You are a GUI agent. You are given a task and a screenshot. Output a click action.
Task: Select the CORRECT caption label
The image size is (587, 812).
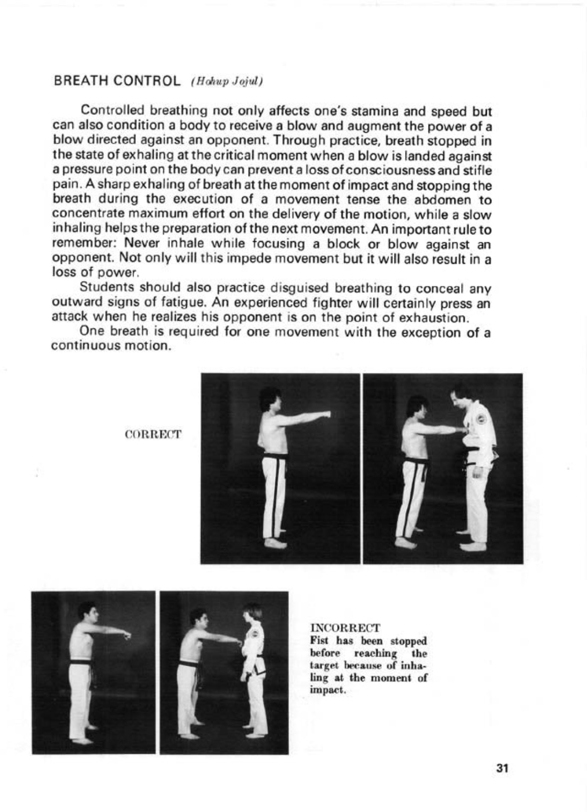[x=153, y=434]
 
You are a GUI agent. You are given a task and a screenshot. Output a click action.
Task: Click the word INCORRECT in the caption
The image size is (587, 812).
[x=345, y=627]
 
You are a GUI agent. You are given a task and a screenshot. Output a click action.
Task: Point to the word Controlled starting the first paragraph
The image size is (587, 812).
[x=113, y=111]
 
